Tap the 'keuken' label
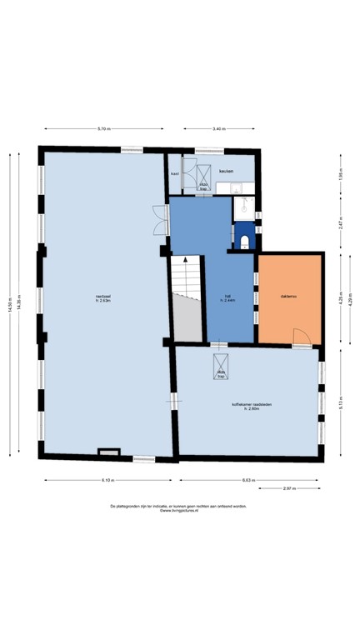pyautogui.click(x=226, y=172)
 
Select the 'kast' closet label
pyautogui.click(x=175, y=173)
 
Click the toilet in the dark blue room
pyautogui.click(x=244, y=241)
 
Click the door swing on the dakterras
pyautogui.click(x=302, y=336)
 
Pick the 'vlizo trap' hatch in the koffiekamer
pyautogui.click(x=222, y=367)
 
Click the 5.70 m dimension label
pyautogui.click(x=103, y=129)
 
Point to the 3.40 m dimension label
pyautogui.click(x=218, y=129)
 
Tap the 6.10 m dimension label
pyautogui.click(x=109, y=481)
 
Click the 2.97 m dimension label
pyautogui.click(x=289, y=488)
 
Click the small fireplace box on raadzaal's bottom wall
pyautogui.click(x=109, y=452)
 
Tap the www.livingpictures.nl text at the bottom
pyautogui.click(x=180, y=511)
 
